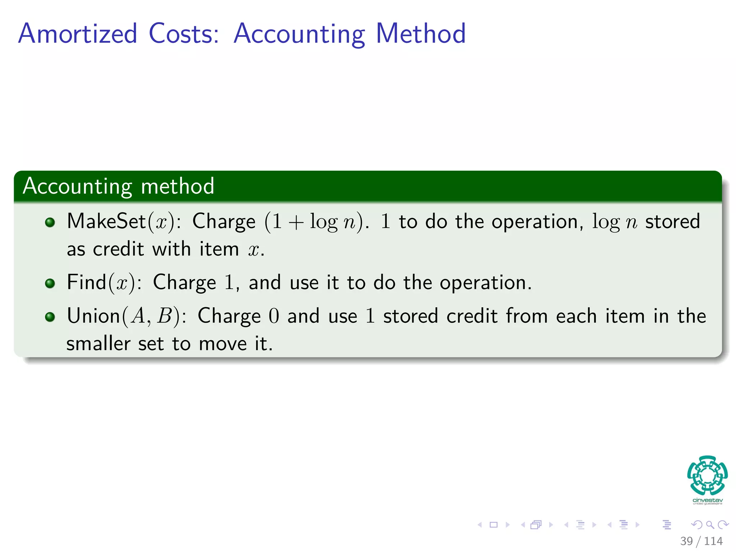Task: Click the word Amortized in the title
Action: [x=78, y=34]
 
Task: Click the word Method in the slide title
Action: [x=420, y=34]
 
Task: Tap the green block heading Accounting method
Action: [x=119, y=186]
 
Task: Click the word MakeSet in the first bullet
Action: [x=106, y=221]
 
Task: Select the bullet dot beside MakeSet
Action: [x=50, y=222]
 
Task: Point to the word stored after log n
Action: [x=672, y=221]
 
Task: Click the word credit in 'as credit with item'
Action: [x=118, y=249]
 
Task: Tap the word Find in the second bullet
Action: [x=87, y=282]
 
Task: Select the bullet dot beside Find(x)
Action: [x=50, y=283]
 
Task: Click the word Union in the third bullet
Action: [x=93, y=316]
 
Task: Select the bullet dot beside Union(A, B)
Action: [x=50, y=317]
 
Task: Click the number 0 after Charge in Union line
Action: [x=273, y=316]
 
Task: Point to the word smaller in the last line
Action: [x=98, y=344]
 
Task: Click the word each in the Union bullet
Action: [x=576, y=316]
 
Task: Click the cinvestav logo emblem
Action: [x=707, y=476]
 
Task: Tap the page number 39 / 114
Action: [x=701, y=541]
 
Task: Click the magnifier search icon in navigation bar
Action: [x=710, y=525]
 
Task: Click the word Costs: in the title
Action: [x=184, y=34]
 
